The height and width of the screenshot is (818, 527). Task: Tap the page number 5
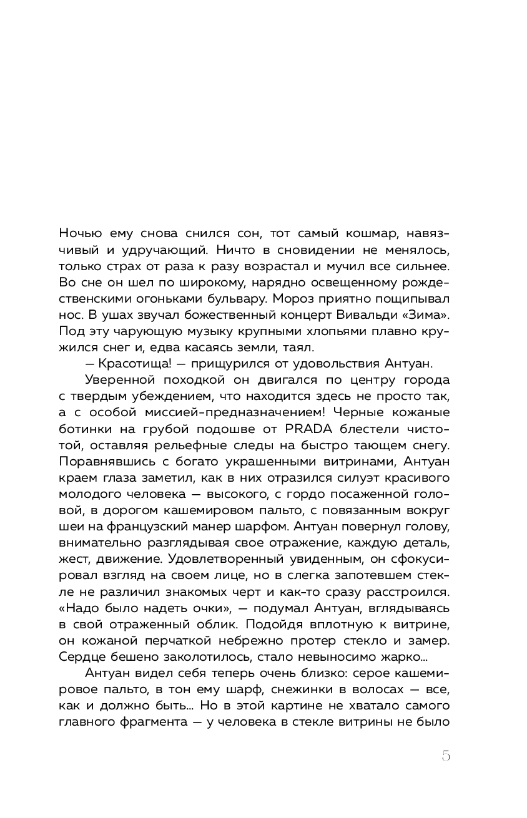(x=445, y=756)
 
